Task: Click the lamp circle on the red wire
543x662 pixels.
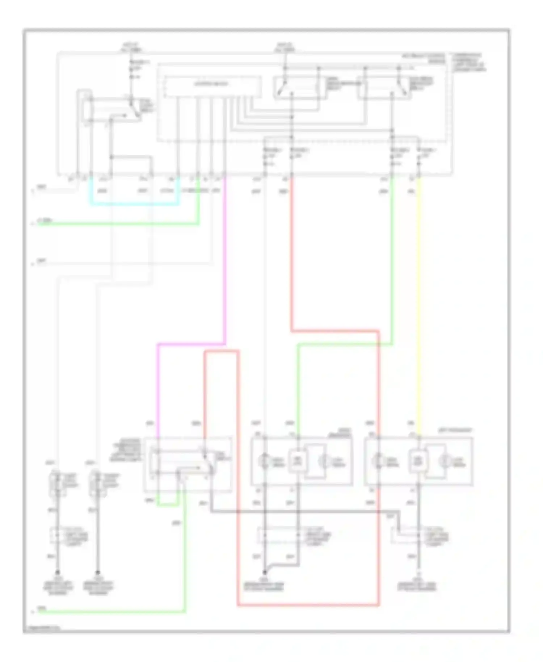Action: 379,461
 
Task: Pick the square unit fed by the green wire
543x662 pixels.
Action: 297,461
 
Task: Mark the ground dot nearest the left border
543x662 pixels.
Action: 57,573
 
